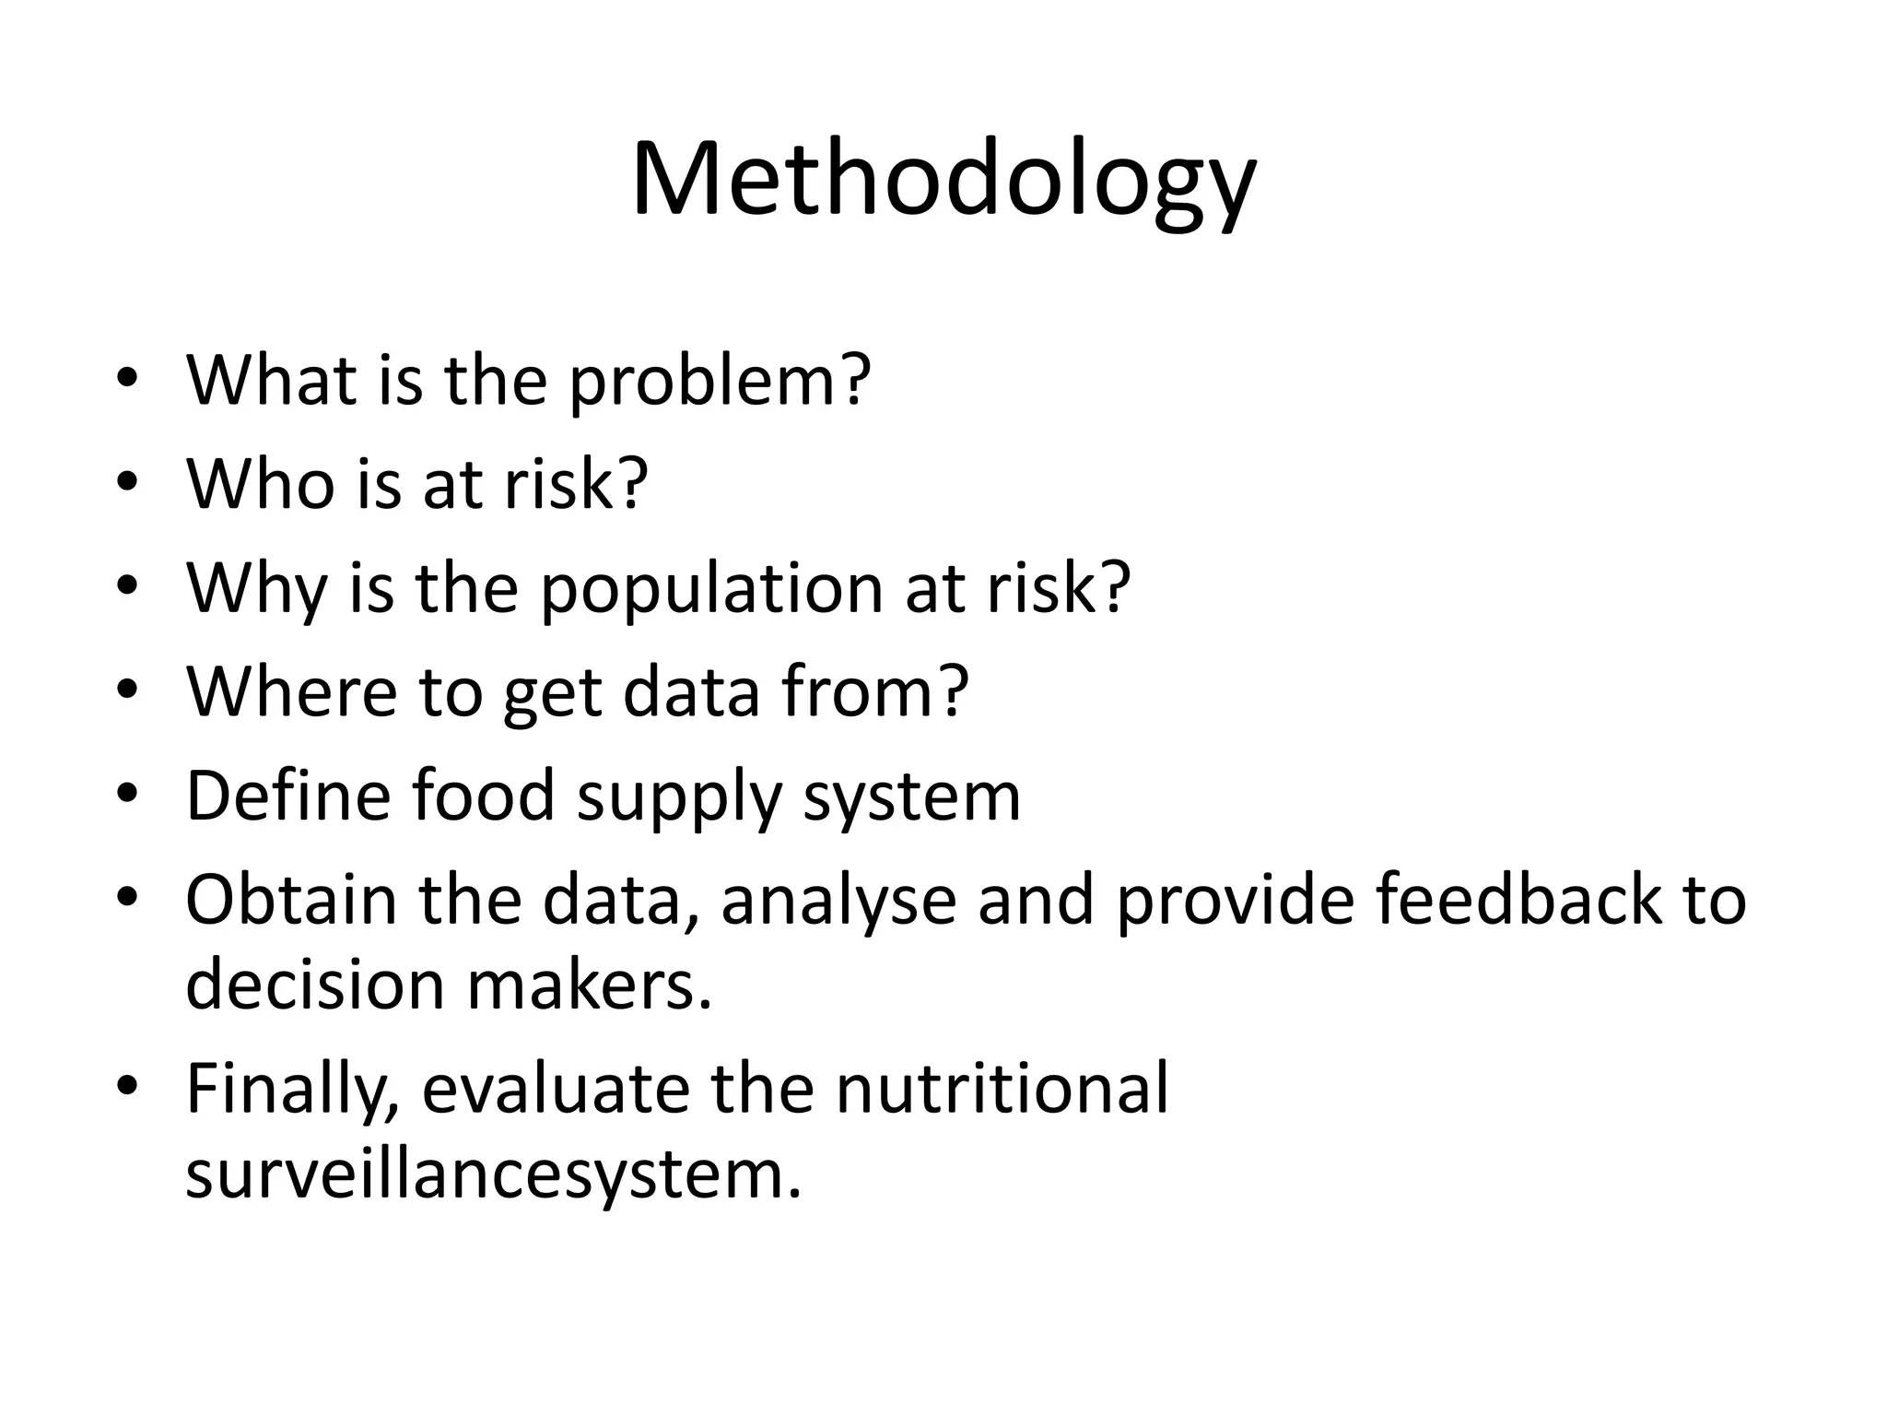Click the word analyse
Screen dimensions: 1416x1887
pos(838,901)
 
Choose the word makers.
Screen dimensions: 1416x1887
pos(590,985)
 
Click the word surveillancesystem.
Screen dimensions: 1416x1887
pos(493,1174)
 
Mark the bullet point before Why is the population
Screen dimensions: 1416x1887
pos(127,588)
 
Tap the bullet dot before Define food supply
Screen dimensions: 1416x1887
pos(127,795)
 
